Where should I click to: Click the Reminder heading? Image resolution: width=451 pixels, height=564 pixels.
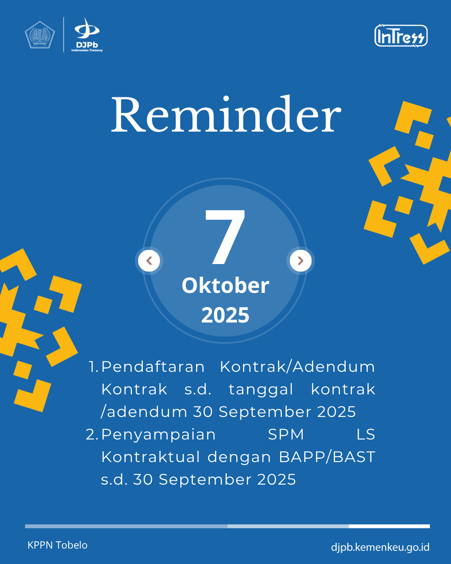(x=226, y=114)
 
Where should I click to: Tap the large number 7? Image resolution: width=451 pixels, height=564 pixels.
(x=225, y=237)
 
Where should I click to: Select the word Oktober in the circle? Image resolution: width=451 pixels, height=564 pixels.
(x=225, y=285)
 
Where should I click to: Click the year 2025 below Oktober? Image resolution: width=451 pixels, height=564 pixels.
(x=225, y=315)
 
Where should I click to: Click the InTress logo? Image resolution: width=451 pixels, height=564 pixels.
(x=401, y=36)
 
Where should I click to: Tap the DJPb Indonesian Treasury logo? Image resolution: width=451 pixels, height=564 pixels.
(x=87, y=35)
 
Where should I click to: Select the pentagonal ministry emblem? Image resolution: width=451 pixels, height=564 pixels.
(x=40, y=35)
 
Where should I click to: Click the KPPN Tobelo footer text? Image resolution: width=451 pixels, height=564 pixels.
(x=57, y=545)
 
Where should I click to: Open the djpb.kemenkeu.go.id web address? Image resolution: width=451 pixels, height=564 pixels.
(x=380, y=547)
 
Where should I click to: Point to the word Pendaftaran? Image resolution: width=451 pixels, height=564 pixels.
(x=153, y=366)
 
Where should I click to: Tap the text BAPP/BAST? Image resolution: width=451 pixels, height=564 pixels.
(x=327, y=457)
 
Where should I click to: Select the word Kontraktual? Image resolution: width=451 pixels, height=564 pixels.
(x=151, y=457)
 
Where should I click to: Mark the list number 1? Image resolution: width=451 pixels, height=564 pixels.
(x=93, y=366)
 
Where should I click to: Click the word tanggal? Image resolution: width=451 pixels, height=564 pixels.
(x=261, y=390)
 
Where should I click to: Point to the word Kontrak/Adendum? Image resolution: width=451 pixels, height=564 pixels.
(x=297, y=366)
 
